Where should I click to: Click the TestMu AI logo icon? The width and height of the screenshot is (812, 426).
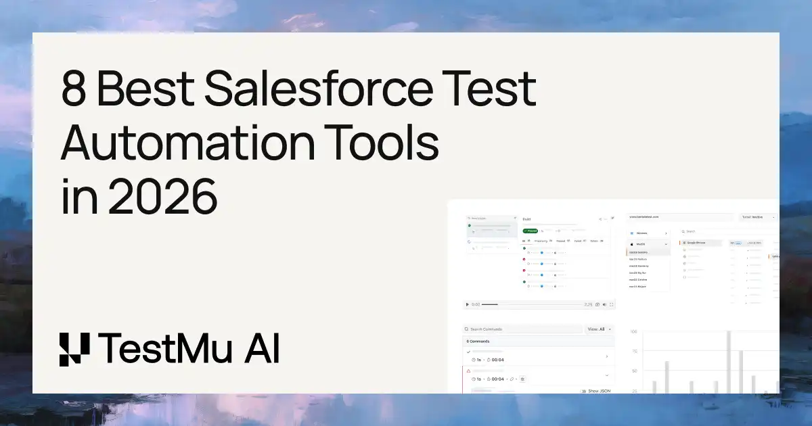[x=74, y=350]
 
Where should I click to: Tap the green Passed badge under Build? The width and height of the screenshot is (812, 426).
[x=531, y=231]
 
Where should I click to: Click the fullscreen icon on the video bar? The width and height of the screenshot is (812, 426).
[x=612, y=304]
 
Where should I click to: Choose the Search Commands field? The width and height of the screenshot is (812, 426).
[x=521, y=329]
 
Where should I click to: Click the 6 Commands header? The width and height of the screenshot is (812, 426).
[x=478, y=341]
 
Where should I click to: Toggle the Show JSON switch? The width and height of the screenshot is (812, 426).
[x=583, y=391]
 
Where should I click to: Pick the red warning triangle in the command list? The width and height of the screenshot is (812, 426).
[x=468, y=371]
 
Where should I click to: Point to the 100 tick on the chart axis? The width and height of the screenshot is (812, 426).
[x=633, y=332]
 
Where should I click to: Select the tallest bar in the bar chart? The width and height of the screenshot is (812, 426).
[x=729, y=362]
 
